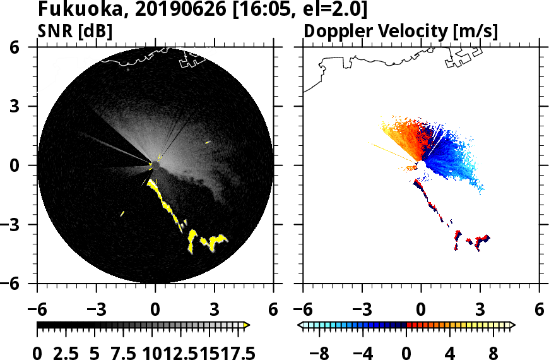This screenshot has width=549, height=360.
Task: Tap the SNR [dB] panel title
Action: click(75, 30)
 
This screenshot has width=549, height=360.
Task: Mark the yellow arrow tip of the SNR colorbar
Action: click(247, 325)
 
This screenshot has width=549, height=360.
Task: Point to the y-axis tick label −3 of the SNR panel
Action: click(23, 225)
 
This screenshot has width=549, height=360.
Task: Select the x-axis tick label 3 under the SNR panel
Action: click(214, 310)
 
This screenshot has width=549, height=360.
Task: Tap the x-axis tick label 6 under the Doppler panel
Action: click(539, 310)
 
